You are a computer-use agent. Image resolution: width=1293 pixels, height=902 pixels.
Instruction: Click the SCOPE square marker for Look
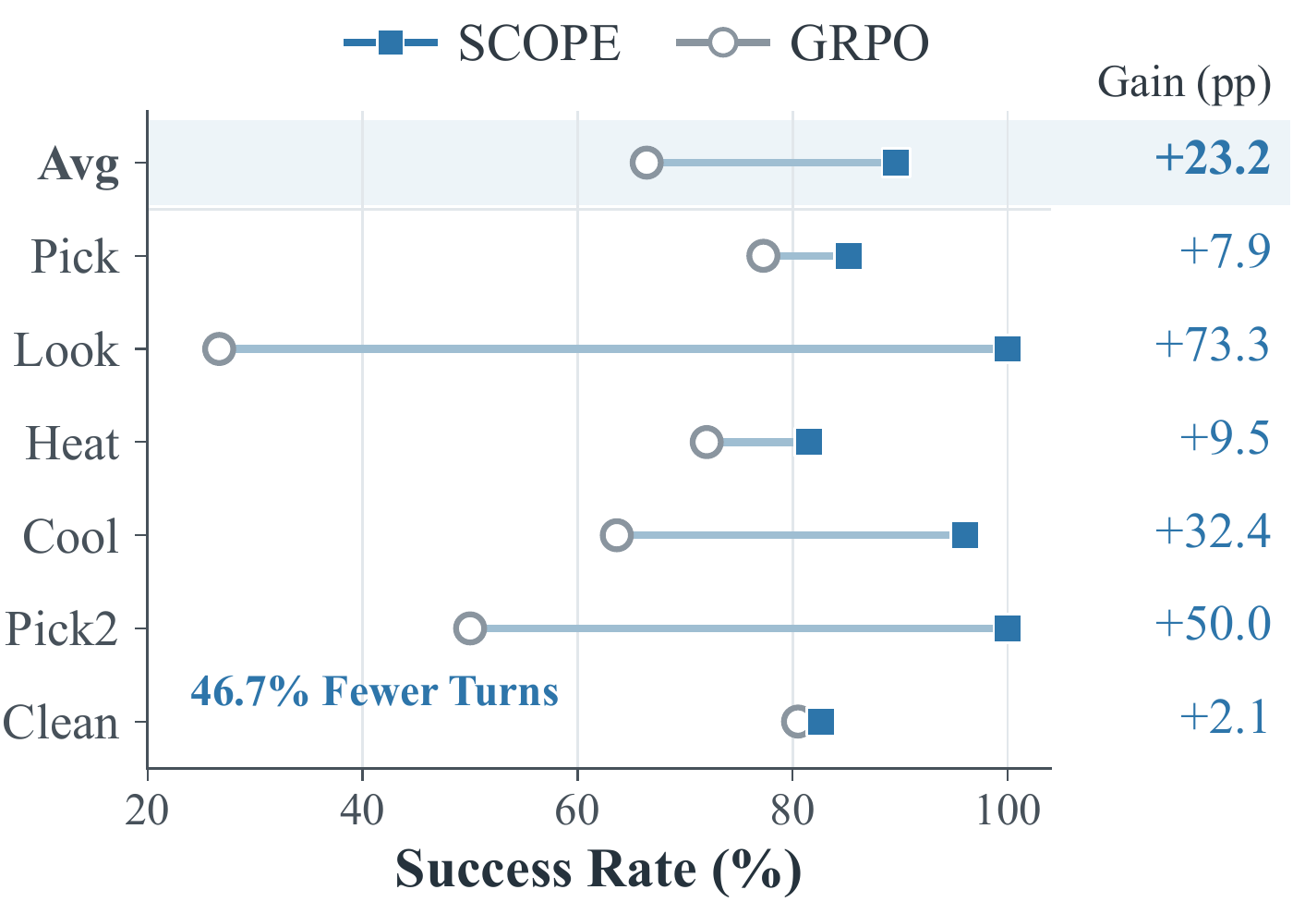click(1008, 348)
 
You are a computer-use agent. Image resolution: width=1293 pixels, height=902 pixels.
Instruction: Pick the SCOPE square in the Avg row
click(896, 163)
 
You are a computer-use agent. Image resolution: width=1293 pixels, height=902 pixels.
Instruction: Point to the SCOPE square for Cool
click(965, 535)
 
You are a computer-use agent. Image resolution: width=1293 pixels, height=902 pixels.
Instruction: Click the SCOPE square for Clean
click(821, 722)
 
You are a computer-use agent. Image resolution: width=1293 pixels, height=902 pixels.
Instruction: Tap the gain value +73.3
click(1212, 345)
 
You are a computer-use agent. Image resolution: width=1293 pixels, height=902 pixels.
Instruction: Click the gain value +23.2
click(1212, 158)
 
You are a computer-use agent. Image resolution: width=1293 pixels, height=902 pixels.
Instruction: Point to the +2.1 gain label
click(1224, 716)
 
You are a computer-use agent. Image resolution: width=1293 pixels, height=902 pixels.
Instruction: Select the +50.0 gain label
click(1212, 624)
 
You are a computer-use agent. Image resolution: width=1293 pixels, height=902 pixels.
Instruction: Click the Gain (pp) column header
click(1184, 84)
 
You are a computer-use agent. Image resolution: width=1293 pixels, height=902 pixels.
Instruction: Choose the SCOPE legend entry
click(482, 43)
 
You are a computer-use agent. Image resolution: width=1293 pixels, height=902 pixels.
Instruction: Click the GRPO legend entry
click(803, 43)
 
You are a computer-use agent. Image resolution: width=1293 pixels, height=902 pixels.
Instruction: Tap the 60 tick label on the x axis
click(577, 811)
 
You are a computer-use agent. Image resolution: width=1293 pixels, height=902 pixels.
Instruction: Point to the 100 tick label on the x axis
click(1008, 811)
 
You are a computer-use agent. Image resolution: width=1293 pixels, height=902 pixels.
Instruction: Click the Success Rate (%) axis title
click(598, 869)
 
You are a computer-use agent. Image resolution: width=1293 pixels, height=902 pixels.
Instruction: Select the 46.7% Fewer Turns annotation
click(375, 691)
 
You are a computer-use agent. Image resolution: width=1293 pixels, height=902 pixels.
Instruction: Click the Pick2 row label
click(61, 628)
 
